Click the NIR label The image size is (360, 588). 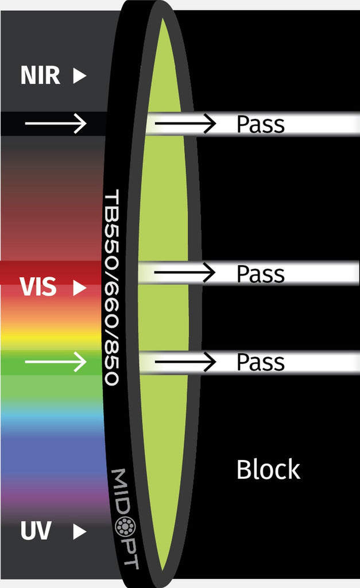click(40, 75)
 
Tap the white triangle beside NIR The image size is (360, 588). click(79, 76)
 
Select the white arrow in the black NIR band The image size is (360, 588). click(55, 122)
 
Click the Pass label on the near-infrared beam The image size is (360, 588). click(261, 123)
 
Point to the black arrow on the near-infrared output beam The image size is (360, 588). click(185, 122)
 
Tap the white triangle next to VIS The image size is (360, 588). click(79, 288)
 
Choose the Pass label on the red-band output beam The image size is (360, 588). click(261, 273)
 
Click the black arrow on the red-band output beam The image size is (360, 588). click(185, 272)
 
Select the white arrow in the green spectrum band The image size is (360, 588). click(55, 362)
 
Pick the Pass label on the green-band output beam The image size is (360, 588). click(261, 362)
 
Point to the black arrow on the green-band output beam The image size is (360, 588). click(185, 362)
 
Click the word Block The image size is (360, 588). click(268, 470)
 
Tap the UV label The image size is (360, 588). click(36, 532)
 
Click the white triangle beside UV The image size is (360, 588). click(79, 532)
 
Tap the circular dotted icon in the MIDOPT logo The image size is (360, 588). click(125, 525)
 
